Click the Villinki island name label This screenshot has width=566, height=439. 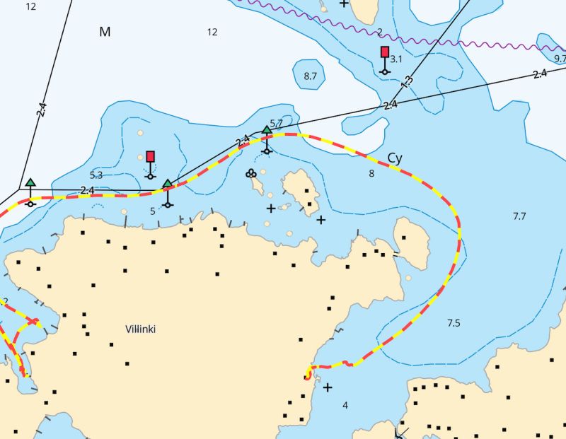[140, 329]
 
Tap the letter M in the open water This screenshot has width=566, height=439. [105, 32]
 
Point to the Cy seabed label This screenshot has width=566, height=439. [394, 158]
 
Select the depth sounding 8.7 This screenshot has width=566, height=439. [310, 76]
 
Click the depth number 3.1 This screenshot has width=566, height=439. [396, 59]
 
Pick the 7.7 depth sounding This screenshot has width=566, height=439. [519, 216]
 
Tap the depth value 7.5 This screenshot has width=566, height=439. [454, 323]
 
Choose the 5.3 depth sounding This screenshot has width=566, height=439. [96, 175]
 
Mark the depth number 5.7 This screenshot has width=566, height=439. [277, 123]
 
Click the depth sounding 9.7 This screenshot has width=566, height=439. [560, 59]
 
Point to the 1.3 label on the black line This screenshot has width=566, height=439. [407, 81]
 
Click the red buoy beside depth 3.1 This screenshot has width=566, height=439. [384, 52]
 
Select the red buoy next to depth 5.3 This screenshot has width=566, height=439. [150, 156]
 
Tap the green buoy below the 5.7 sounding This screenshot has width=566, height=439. [267, 130]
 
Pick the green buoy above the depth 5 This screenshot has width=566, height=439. [167, 184]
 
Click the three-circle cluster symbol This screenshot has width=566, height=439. [250, 172]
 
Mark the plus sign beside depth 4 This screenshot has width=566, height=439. [328, 387]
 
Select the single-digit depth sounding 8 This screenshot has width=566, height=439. [371, 173]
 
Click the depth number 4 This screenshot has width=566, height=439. [345, 405]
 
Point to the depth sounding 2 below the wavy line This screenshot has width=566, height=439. [379, 32]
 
